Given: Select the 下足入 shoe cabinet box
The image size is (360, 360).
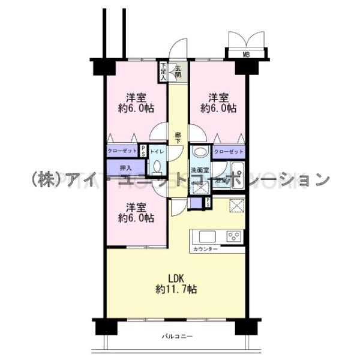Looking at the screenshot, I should pos(163,71).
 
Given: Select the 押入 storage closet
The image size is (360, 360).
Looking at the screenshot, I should pos(126,168).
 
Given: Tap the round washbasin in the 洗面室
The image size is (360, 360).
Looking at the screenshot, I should pos(200,152).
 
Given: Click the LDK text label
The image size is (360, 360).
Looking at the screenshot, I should pos(175,278).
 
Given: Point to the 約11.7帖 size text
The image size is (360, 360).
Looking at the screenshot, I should pos(175,289).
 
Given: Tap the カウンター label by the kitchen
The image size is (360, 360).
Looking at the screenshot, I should pos(206,248).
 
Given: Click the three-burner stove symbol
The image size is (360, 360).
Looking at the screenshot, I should pos(232,236).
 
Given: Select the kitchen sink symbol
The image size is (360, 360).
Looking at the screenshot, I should pos(207,235).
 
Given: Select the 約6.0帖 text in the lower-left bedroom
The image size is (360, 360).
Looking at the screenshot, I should pos(136,218).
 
